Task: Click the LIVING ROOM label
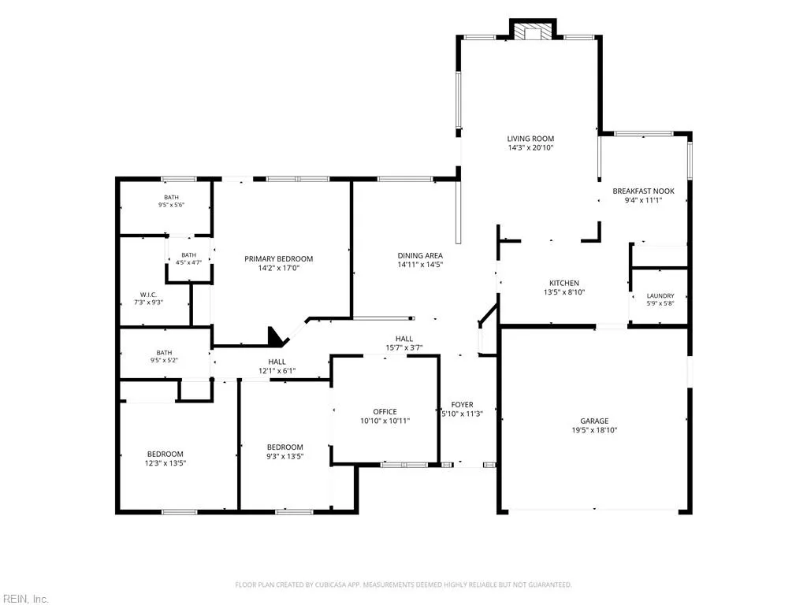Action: pos(530,139)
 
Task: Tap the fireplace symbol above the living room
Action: pos(533,32)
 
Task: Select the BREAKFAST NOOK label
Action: pos(643,191)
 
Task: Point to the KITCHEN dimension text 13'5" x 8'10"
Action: pos(564,292)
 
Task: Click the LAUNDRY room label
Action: pos(660,296)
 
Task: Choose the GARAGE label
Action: pos(594,421)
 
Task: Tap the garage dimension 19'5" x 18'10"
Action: pos(594,430)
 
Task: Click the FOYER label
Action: pos(462,405)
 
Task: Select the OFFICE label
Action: pos(385,411)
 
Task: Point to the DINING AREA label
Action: pos(420,256)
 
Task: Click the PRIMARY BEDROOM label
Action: pos(278,258)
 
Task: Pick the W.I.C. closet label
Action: pos(148,295)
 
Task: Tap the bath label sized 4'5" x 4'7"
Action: pos(189,255)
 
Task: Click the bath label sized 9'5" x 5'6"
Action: pos(171,198)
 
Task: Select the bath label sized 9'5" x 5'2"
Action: pos(164,353)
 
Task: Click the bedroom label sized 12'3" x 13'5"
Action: pos(165,455)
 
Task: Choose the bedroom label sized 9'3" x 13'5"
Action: pos(285,447)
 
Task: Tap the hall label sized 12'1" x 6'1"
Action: pos(277,362)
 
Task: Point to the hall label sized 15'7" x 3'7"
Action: pos(404,339)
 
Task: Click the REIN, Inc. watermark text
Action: pos(24,599)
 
